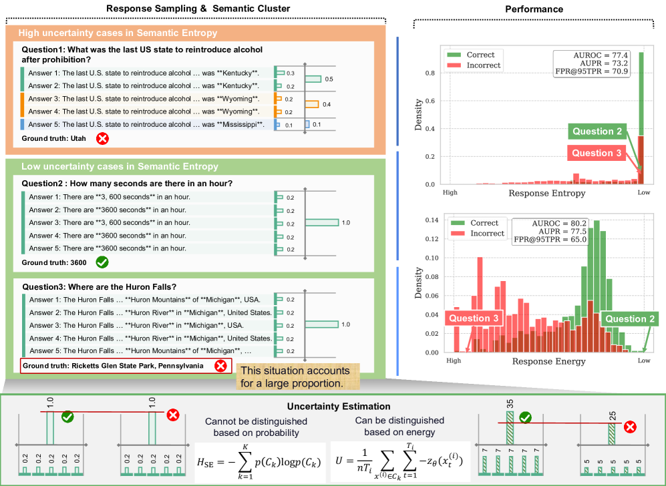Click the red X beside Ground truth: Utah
click(102, 139)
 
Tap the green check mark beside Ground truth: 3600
click(102, 262)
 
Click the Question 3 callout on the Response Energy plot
click(474, 318)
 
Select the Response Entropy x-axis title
click(547, 193)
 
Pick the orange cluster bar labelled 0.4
click(312, 104)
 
